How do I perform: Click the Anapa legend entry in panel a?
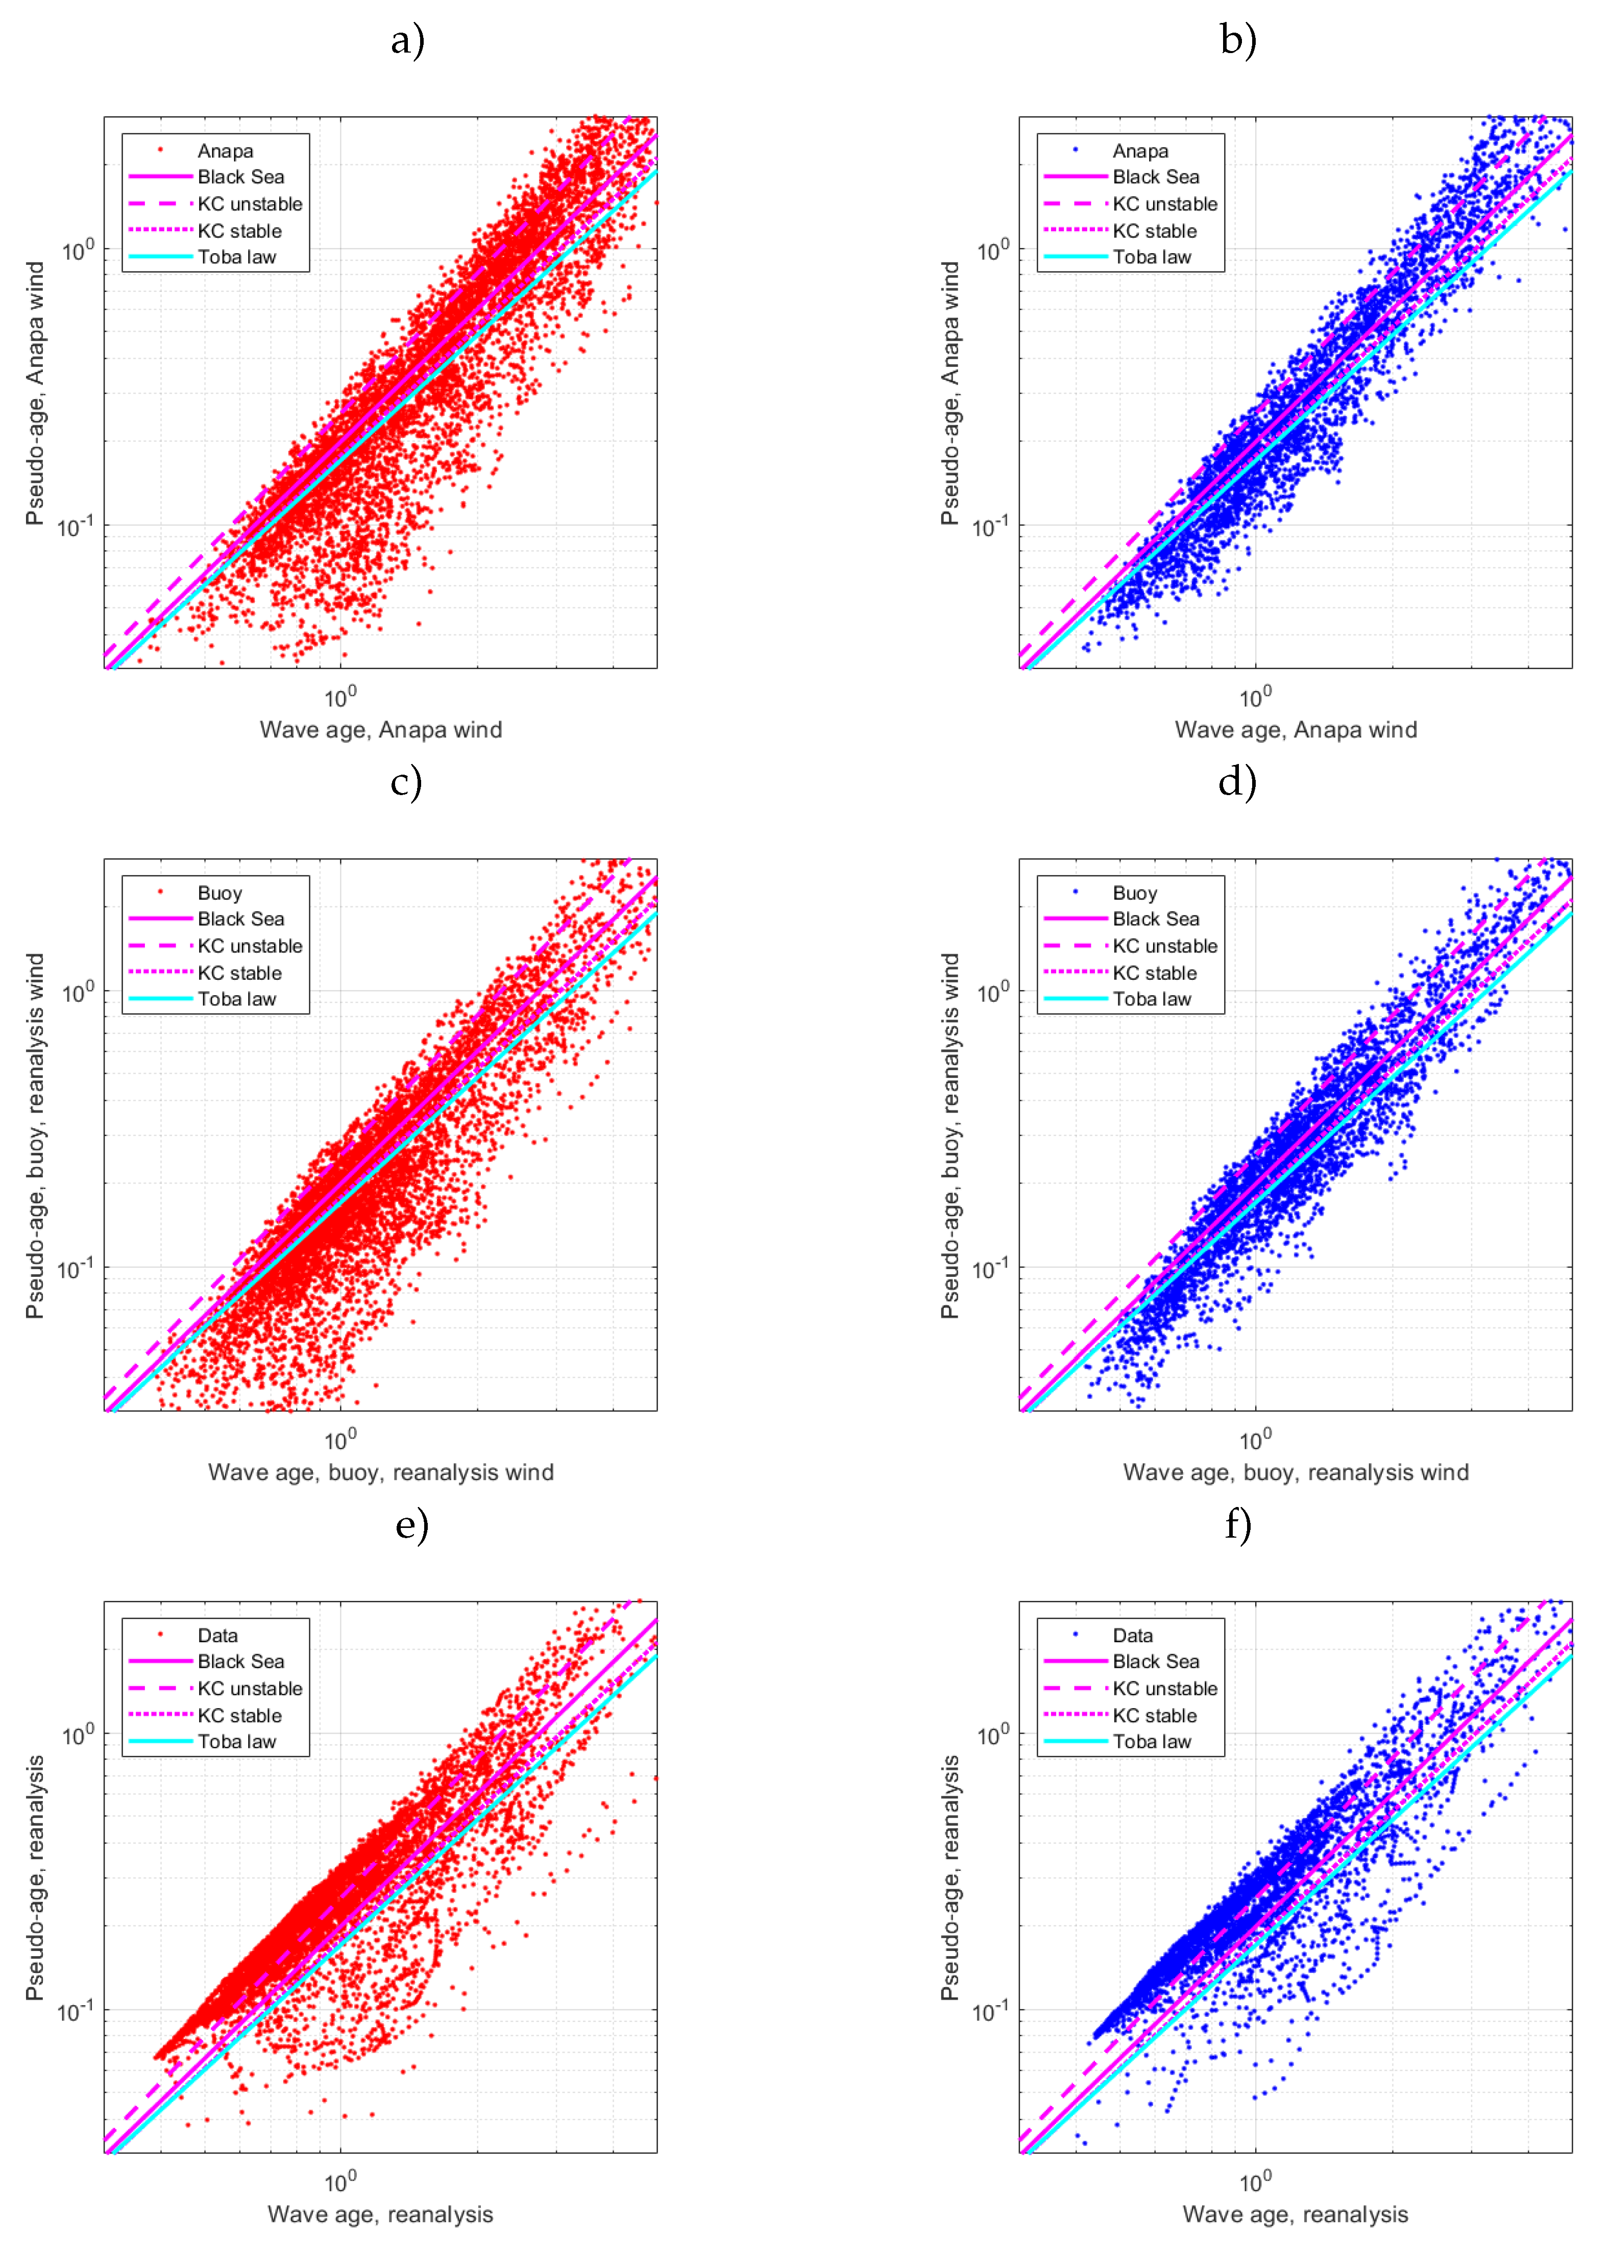tap(225, 151)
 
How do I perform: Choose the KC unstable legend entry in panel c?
tap(250, 946)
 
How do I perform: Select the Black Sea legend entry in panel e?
tap(241, 1662)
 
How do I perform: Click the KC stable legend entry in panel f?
tap(1154, 1715)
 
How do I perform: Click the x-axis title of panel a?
tap(380, 730)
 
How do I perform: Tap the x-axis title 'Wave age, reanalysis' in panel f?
tap(1295, 2214)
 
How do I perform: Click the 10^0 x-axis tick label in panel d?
tap(1255, 1439)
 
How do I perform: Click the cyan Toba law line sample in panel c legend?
tap(160, 999)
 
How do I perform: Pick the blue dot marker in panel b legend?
tap(1075, 151)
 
